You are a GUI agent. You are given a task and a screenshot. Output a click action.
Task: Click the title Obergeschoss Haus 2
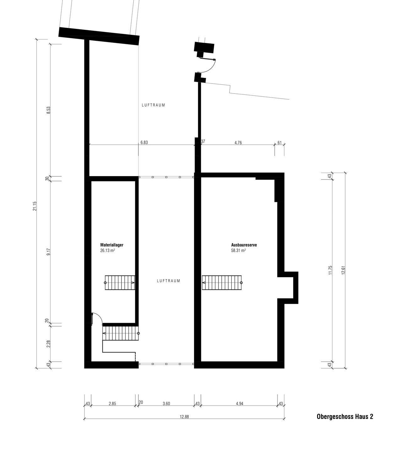345,417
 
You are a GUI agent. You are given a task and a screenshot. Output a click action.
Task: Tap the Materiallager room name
112,245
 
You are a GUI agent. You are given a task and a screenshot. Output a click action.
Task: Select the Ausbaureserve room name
244,245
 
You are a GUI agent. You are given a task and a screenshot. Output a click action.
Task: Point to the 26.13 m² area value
108,250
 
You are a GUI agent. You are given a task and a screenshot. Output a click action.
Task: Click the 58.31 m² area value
239,250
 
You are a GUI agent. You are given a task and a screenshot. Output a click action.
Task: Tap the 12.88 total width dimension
184,417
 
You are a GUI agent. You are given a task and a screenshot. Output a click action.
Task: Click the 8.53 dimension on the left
49,110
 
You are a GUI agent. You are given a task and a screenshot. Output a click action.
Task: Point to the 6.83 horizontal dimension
144,142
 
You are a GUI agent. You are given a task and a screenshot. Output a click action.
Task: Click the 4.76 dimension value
238,143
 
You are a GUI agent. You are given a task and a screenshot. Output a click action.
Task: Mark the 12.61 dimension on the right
343,270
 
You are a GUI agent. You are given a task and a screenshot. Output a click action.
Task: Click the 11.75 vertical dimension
331,270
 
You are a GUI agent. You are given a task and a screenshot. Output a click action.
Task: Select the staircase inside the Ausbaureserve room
222,283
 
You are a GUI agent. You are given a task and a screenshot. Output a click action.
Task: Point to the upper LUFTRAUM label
154,105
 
